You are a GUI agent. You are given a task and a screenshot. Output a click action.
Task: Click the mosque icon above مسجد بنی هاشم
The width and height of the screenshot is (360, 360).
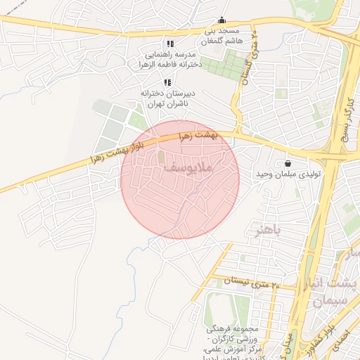coord(222,20)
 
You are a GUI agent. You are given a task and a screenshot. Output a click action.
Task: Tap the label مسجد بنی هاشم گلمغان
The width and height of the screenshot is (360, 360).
coord(221,36)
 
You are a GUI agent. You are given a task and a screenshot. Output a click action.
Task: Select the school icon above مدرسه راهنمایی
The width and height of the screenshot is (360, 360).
coord(169,44)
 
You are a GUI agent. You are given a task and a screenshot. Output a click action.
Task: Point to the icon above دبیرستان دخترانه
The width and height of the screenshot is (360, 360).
coord(167,82)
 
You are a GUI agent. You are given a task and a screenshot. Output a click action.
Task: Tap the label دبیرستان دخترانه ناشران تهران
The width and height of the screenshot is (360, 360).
coord(166,98)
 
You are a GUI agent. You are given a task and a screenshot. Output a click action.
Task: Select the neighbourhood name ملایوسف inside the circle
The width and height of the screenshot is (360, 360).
coord(191,168)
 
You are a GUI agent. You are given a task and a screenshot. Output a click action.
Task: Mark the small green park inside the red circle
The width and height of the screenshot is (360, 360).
coord(161,157)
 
